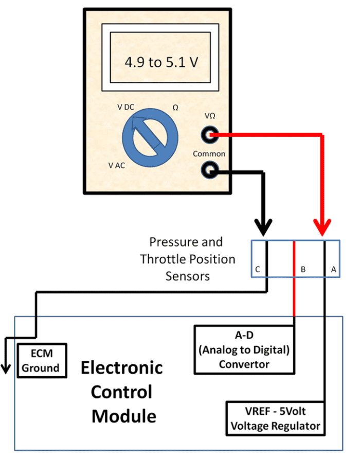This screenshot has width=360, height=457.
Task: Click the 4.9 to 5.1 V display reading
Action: (161, 62)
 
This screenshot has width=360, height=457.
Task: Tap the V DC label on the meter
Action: (126, 107)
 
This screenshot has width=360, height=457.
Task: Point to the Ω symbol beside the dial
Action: (175, 108)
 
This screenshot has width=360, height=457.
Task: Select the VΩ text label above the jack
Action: (210, 117)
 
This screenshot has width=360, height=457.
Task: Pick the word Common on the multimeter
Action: (209, 153)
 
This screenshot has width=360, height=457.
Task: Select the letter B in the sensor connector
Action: (303, 269)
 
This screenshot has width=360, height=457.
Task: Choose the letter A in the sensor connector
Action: (333, 269)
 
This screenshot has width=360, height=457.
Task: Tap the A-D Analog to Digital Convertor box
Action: (244, 350)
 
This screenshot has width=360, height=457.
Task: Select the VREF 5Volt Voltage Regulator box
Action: (276, 419)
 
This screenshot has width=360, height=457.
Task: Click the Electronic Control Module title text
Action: (122, 391)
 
